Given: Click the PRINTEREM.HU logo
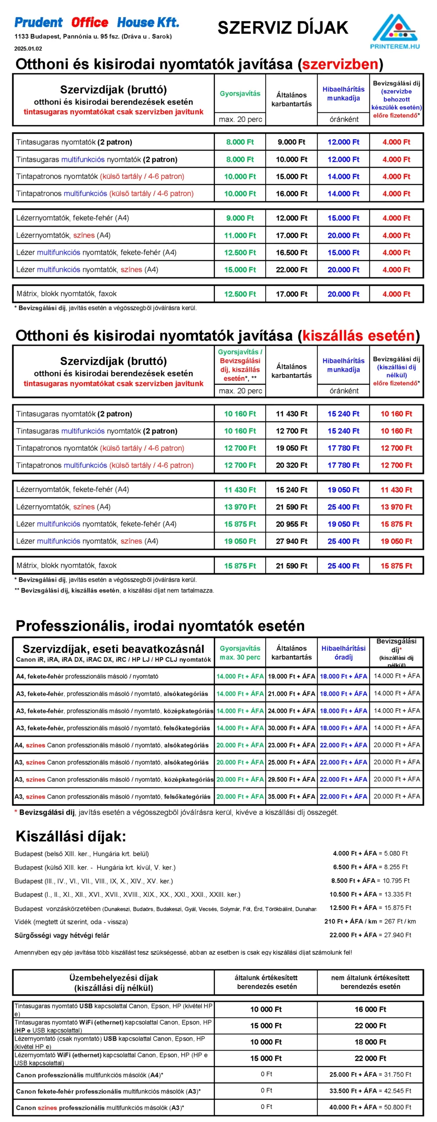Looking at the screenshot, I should pyautogui.click(x=394, y=32).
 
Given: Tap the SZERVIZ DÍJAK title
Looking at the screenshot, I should pyautogui.click(x=283, y=28).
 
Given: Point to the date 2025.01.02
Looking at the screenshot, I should pyautogui.click(x=28, y=49).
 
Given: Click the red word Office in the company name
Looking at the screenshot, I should pyautogui.click(x=90, y=22).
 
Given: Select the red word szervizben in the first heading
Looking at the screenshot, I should pyautogui.click(x=340, y=64).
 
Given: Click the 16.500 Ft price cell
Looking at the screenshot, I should pyautogui.click(x=291, y=252).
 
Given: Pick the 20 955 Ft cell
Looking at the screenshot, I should pyautogui.click(x=291, y=524).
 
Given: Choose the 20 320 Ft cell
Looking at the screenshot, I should pyautogui.click(x=291, y=465).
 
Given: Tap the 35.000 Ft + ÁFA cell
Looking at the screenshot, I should pyautogui.click(x=291, y=796).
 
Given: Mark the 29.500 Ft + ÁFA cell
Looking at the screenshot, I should pyautogui.click(x=291, y=779).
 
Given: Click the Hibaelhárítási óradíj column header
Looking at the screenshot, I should pyautogui.click(x=343, y=653).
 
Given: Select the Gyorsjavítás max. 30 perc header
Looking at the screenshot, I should pyautogui.click(x=240, y=653).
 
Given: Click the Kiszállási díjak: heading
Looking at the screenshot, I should pyautogui.click(x=71, y=836).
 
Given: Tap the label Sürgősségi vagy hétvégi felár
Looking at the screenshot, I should pyautogui.click(x=62, y=935).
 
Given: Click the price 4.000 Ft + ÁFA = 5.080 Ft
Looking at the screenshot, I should pyautogui.click(x=370, y=853).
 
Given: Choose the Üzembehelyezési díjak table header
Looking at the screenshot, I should pyautogui.click(x=113, y=983).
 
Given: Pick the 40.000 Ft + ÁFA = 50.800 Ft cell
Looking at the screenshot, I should pyautogui.click(x=370, y=1107).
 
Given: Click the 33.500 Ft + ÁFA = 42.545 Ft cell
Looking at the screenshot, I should pyautogui.click(x=370, y=1091).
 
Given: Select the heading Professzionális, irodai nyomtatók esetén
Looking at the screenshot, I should pyautogui.click(x=160, y=625).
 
